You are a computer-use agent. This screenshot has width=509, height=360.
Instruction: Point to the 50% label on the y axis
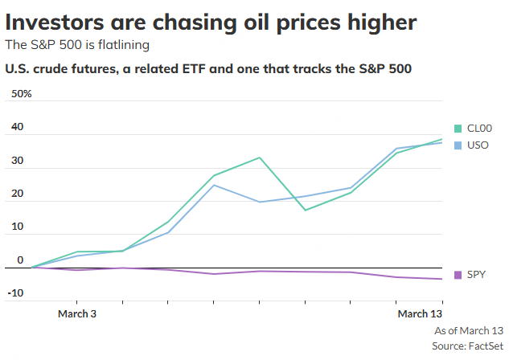[21, 94]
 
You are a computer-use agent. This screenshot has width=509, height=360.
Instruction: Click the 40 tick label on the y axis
[17, 128]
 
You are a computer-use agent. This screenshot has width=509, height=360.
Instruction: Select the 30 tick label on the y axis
[17, 162]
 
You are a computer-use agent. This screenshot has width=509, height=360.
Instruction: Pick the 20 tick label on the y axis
[17, 194]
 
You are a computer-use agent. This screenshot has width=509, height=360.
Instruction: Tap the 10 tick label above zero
[17, 228]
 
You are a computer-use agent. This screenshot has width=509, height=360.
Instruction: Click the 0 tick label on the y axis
[20, 260]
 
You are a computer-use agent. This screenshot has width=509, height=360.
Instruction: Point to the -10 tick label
[15, 292]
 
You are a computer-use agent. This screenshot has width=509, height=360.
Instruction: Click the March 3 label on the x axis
[77, 313]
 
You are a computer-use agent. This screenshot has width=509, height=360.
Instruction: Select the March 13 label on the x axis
[420, 313]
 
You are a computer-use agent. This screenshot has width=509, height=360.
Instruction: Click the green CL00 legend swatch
[458, 129]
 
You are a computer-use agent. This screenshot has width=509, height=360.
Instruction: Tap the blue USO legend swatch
[458, 145]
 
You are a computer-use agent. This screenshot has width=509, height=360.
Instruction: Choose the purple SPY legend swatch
[458, 275]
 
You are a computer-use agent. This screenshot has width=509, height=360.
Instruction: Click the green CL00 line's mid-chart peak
[260, 157]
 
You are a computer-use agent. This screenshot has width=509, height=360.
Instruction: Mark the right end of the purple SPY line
[443, 279]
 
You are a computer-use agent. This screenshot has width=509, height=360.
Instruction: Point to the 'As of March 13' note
[469, 330]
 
